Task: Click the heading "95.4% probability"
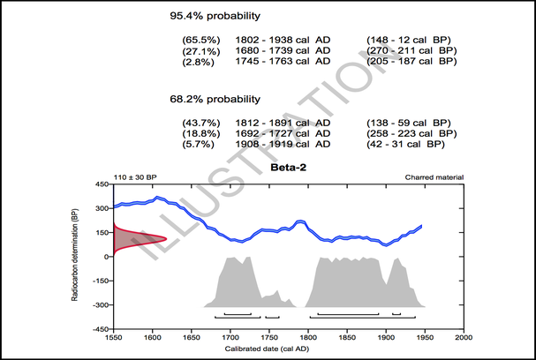click(x=215, y=16)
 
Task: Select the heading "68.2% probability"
click(x=215, y=99)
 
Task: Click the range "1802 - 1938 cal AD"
click(x=283, y=41)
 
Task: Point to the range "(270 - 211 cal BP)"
click(x=411, y=51)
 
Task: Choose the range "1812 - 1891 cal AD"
click(x=283, y=124)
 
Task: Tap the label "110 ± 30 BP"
click(x=135, y=177)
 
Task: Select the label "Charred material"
click(x=434, y=177)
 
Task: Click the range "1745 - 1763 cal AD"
click(x=283, y=62)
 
